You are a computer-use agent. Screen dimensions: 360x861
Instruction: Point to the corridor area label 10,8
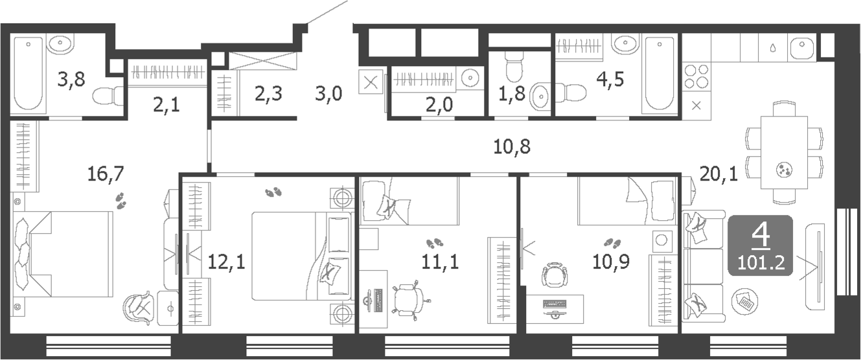pyautogui.click(x=512, y=148)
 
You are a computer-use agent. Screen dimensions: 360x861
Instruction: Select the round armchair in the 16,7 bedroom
pyautogui.click(x=139, y=308)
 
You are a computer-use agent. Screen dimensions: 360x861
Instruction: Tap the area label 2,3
pyautogui.click(x=268, y=95)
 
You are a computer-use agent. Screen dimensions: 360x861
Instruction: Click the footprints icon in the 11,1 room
pyautogui.click(x=434, y=244)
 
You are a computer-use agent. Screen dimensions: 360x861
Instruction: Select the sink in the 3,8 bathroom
pyautogui.click(x=62, y=45)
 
